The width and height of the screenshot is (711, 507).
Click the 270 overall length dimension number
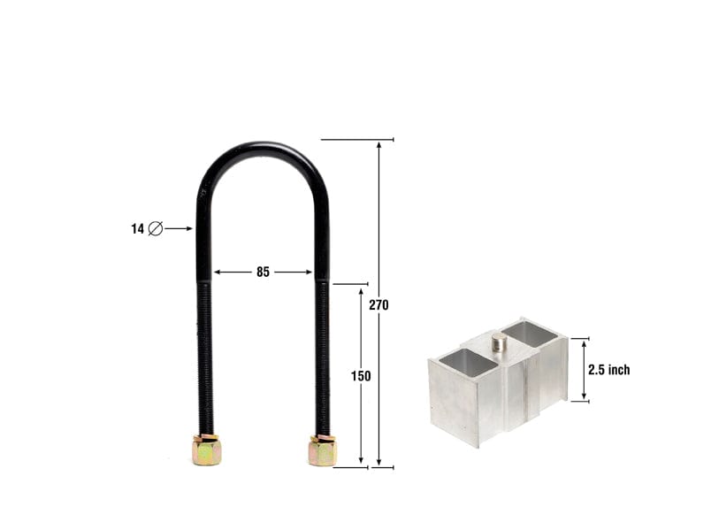pos(379,305)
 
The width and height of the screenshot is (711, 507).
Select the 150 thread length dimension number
pos(361,376)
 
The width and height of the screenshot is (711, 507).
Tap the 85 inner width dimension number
pos(263,273)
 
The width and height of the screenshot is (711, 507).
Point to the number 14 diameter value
pos(137,228)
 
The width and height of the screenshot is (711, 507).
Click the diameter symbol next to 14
pos(155,228)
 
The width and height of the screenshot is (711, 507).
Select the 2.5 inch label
pos(608,370)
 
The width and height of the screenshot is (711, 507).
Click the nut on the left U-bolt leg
pos(206,450)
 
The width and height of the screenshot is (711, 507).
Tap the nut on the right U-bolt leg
pos(322,450)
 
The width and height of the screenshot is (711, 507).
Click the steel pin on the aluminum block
pos(499,342)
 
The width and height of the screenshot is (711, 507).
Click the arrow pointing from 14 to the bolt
pos(180,228)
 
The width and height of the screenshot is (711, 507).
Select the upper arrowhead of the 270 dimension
pos(379,144)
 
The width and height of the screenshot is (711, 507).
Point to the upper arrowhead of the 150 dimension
pos(361,290)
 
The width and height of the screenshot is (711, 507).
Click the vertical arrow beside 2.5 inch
pos(584,370)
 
